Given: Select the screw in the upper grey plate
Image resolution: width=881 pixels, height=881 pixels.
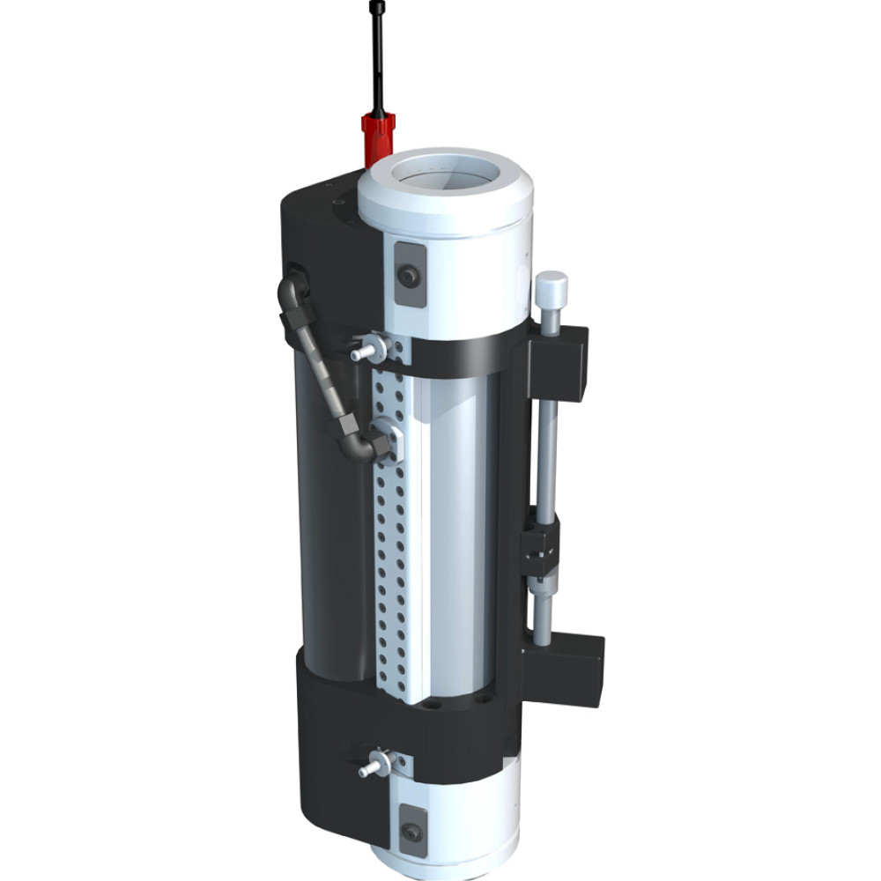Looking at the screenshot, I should pos(408,276).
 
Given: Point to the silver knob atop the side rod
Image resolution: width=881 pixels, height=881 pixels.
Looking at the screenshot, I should pos(552,288).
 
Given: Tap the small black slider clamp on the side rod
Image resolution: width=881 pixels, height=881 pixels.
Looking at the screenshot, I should pos(540,551).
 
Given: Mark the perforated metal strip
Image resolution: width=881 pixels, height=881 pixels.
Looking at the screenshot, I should pos(389,546).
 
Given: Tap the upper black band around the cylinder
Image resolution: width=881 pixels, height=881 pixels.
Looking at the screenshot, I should pos(463,354).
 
